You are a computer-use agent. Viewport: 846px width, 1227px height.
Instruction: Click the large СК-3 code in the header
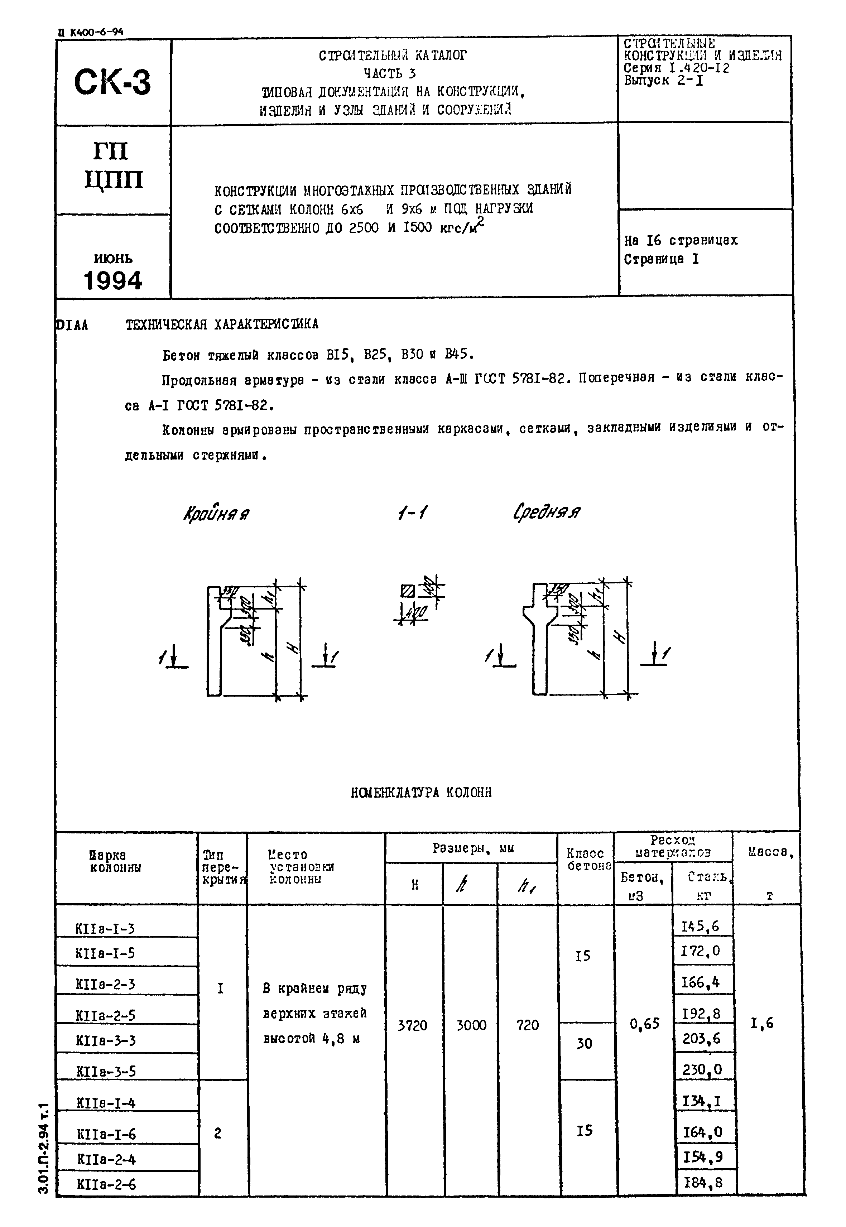click(x=112, y=83)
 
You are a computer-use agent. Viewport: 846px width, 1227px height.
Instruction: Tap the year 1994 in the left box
click(x=113, y=280)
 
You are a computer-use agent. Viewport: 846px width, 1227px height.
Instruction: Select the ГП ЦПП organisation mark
click(x=113, y=166)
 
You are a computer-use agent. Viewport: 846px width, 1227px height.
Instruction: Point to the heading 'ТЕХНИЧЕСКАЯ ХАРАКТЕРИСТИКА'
click(x=222, y=324)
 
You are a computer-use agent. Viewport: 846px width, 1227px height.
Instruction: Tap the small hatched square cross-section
click(x=408, y=591)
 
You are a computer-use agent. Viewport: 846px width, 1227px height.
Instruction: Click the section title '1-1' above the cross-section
click(x=412, y=513)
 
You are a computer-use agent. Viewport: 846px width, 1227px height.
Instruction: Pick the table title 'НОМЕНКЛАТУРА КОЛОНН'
click(x=421, y=792)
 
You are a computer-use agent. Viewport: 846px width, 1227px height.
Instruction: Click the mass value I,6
click(x=762, y=1023)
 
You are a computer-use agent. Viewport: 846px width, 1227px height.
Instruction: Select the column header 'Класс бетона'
click(x=586, y=859)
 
